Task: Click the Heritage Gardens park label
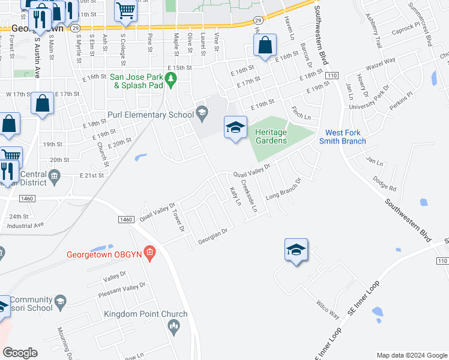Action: pos(271,136)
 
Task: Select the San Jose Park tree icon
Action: pos(171,78)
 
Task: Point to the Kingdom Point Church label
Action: pos(146,314)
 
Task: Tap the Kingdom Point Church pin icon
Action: pos(174,327)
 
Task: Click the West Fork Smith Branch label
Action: pos(346,137)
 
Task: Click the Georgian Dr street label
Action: pos(214,237)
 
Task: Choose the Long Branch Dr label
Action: pos(283,188)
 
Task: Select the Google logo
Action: pos(20,353)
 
